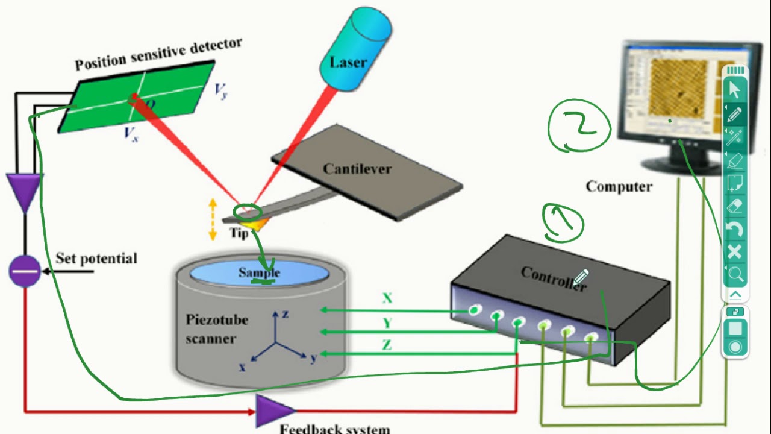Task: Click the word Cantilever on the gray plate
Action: coord(357,169)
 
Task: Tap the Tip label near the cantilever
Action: coord(239,233)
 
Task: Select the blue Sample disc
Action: coord(260,272)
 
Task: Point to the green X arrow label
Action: coord(387,298)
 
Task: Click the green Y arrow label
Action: coord(387,324)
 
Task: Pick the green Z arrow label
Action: coord(387,345)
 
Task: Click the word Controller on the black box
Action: coord(552,279)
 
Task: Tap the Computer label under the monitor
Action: coord(619,187)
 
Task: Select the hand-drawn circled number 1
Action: coord(563,222)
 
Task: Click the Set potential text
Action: coord(96,259)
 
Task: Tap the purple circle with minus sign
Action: coord(25,271)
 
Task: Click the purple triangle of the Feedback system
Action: coord(273,411)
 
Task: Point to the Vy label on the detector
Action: coord(221,90)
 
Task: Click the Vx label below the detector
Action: coord(131,134)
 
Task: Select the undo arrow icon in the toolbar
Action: coord(735,229)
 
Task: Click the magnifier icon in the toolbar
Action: coord(735,275)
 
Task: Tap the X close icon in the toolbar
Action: coord(735,252)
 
